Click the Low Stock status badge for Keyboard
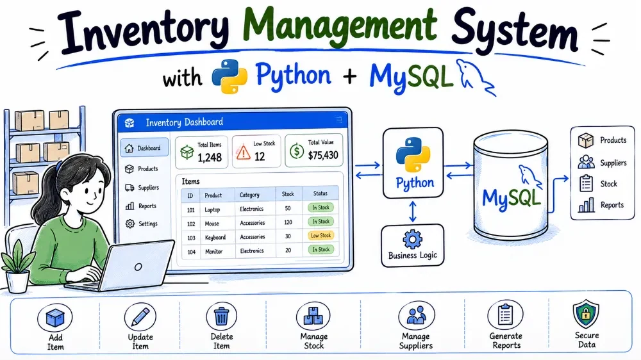click(320, 235)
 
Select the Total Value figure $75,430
click(323, 155)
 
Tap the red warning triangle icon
click(243, 152)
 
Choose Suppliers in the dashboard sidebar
click(148, 188)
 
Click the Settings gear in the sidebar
click(130, 224)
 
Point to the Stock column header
click(288, 194)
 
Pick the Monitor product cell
click(214, 252)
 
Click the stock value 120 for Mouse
click(288, 222)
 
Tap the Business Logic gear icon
click(412, 239)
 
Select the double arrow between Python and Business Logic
click(412, 211)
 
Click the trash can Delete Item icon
click(222, 316)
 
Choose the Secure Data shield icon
click(586, 314)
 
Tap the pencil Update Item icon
click(140, 317)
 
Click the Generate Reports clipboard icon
click(505, 315)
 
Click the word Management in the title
click(340, 26)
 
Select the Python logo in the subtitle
click(229, 76)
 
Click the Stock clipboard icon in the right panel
click(587, 183)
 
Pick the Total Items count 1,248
click(210, 158)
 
